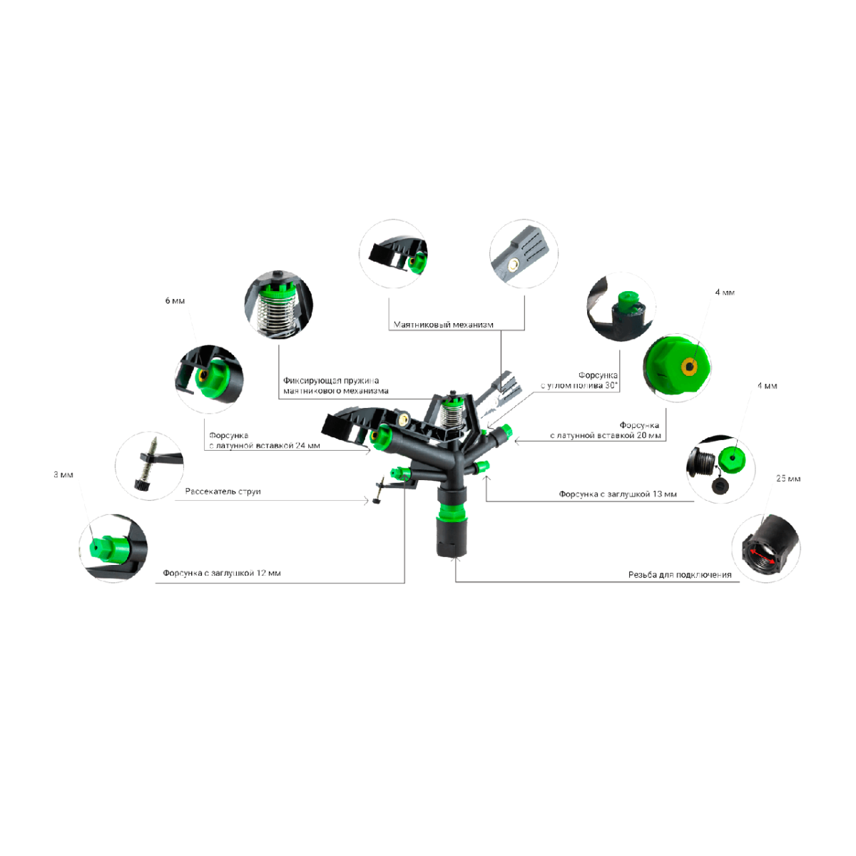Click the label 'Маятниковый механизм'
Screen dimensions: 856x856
(443, 325)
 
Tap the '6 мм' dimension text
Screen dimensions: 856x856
(175, 301)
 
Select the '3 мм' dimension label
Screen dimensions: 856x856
(63, 474)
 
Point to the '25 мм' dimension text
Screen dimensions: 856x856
(788, 479)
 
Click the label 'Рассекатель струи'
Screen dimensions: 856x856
(223, 491)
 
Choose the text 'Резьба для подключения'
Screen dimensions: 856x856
(680, 575)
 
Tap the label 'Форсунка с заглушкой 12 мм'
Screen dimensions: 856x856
(222, 573)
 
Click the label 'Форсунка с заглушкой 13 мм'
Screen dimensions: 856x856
(618, 494)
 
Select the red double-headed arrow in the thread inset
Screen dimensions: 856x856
(763, 556)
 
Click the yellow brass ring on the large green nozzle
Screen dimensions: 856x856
(689, 367)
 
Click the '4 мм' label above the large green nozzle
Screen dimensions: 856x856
(725, 292)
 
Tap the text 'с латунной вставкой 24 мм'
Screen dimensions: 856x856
(265, 446)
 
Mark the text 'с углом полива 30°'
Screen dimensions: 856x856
(579, 385)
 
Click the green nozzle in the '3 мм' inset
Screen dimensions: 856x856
(109, 549)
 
